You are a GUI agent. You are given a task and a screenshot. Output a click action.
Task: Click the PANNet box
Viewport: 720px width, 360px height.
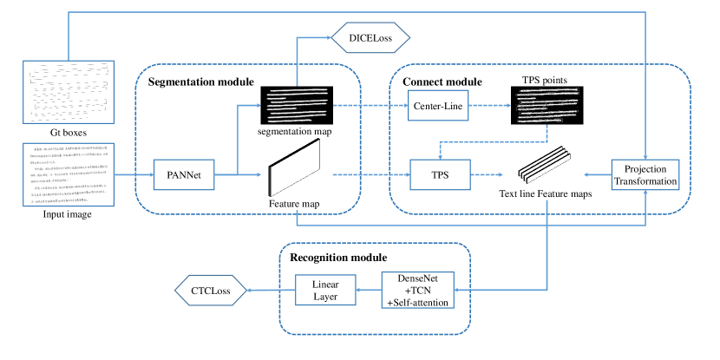pos(183,175)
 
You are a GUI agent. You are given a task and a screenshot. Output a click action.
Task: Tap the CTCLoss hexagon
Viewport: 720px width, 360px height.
pos(211,291)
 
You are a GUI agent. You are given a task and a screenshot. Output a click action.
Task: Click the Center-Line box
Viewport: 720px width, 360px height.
pos(439,108)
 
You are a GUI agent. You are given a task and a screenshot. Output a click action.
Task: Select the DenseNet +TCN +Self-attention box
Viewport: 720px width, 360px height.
pos(420,290)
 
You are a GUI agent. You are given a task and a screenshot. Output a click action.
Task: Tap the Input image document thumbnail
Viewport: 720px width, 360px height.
pos(68,175)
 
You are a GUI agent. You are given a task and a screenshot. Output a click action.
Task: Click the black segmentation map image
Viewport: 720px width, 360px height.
pos(298,107)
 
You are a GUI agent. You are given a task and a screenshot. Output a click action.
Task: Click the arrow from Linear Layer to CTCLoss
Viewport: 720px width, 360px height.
pos(269,291)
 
